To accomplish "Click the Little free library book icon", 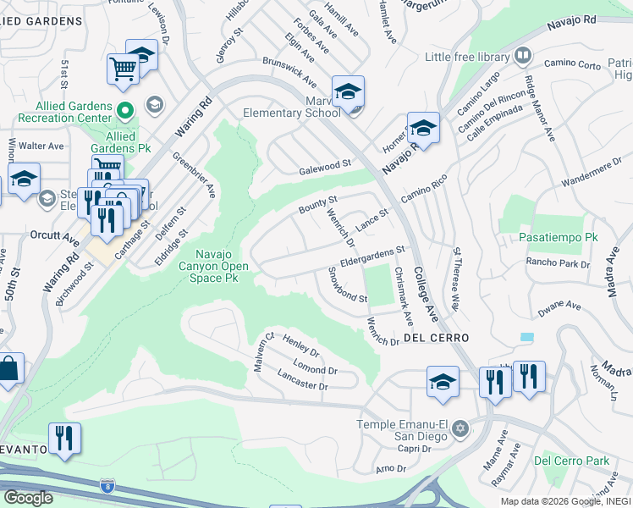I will (523, 57).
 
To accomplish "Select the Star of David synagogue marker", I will (460, 428).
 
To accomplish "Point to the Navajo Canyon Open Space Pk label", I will (223, 266).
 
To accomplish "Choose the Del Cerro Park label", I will (571, 461).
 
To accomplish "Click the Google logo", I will (28, 497).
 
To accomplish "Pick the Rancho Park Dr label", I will (558, 263).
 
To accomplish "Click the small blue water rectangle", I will (527, 336).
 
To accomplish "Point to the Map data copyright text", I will (565, 501).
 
